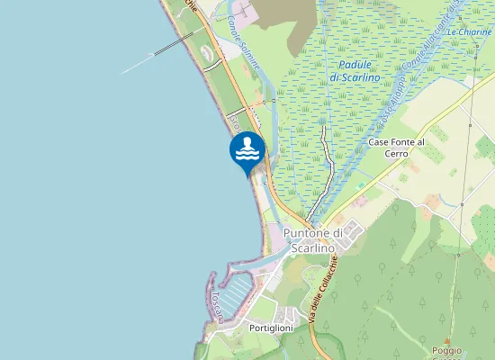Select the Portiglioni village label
click(271, 329)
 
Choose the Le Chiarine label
click(468, 31)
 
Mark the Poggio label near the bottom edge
click(446, 350)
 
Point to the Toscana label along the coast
click(216, 307)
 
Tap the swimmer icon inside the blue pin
click(247, 149)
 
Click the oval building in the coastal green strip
click(209, 56)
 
